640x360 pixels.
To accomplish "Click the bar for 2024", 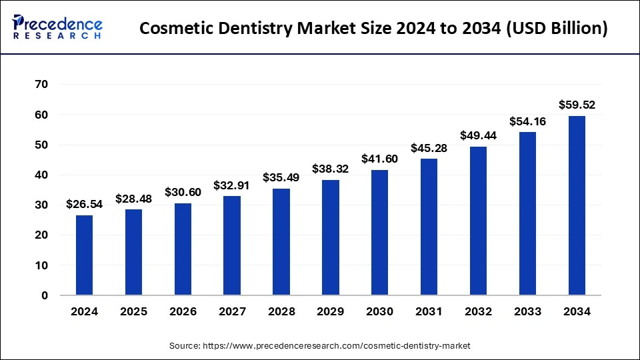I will pos(84,255).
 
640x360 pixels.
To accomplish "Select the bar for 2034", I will pos(577,205).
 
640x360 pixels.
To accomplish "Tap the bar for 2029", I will pos(331,237).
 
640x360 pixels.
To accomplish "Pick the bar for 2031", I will pos(429,227).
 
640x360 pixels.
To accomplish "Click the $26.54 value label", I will pos(84,204).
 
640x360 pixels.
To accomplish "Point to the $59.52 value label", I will pos(577,105).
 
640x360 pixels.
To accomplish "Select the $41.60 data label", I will pos(379,159).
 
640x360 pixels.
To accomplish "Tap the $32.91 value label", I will pos(232,185).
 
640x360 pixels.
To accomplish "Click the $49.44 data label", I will pos(478,135).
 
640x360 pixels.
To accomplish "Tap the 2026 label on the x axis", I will pos(183,311).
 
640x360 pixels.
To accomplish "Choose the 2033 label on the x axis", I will pos(527,311).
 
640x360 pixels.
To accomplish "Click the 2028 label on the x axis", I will pos(281,311).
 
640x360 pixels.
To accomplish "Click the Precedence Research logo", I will pos(57,28).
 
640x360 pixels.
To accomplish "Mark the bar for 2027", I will pos(232,245).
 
